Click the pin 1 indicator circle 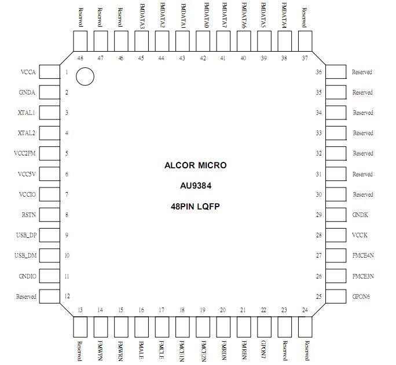pos(85,76)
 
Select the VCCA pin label pos(28,73)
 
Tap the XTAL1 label pos(27,113)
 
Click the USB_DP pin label pos(25,236)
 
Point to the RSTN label pos(28,215)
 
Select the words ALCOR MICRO pos(196,165)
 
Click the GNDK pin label pos(360,215)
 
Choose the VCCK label pos(360,236)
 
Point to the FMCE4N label pos(362,256)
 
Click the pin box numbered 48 pos(80,41)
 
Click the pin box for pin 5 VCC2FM pos(50,154)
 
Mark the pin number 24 pos(305,310)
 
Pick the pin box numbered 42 pos(203,41)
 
